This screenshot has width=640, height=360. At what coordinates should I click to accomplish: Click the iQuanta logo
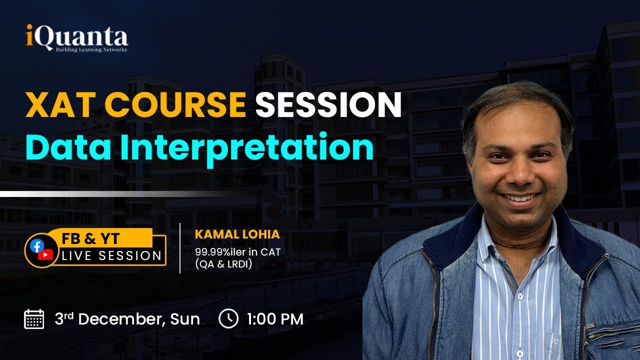pyautogui.click(x=77, y=38)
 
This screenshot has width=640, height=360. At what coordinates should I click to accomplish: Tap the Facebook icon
pyautogui.click(x=36, y=245)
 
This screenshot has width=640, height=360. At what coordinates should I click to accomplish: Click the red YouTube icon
pyautogui.click(x=45, y=255)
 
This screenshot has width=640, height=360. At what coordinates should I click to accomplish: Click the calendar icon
pyautogui.click(x=34, y=319)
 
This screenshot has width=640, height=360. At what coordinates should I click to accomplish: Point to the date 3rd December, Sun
pyautogui.click(x=127, y=319)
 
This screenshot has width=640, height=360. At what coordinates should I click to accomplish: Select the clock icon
pyautogui.click(x=228, y=319)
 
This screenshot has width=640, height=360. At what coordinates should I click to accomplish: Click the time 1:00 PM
pyautogui.click(x=275, y=319)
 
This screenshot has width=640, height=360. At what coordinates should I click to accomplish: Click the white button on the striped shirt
pyautogui.click(x=519, y=297)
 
